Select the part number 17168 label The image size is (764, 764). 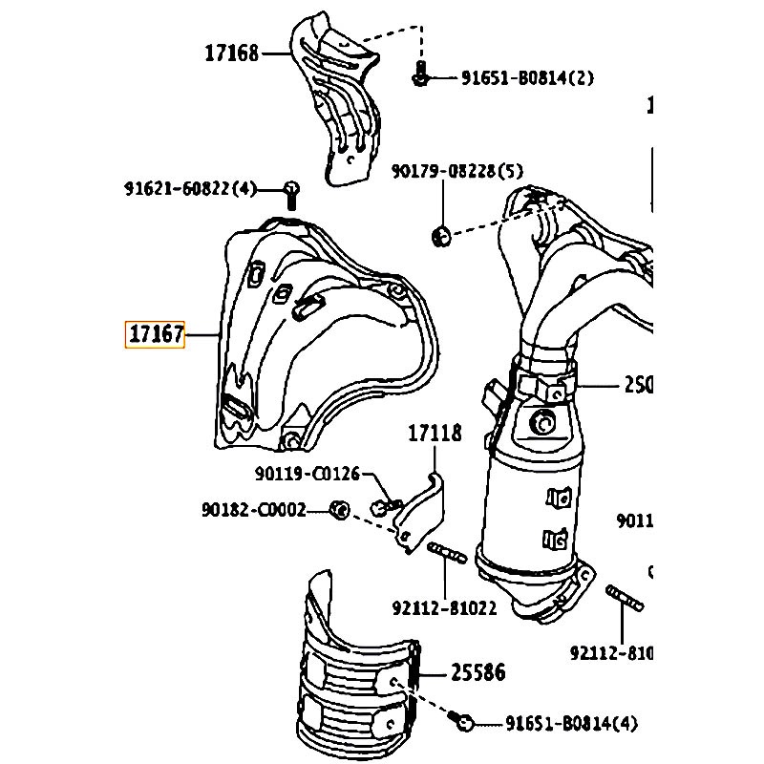[x=231, y=53]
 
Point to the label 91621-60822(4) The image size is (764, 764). [x=191, y=188]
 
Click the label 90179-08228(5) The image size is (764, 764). [x=457, y=171]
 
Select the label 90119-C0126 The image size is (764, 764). [x=308, y=473]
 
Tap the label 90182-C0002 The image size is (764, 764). [x=254, y=510]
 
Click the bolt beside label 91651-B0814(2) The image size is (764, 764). [x=419, y=74]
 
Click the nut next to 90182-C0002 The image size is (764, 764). [x=337, y=508]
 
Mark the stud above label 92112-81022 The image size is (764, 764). [x=446, y=554]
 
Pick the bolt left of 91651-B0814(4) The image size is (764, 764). [x=465, y=723]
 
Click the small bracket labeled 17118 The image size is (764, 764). [x=420, y=511]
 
